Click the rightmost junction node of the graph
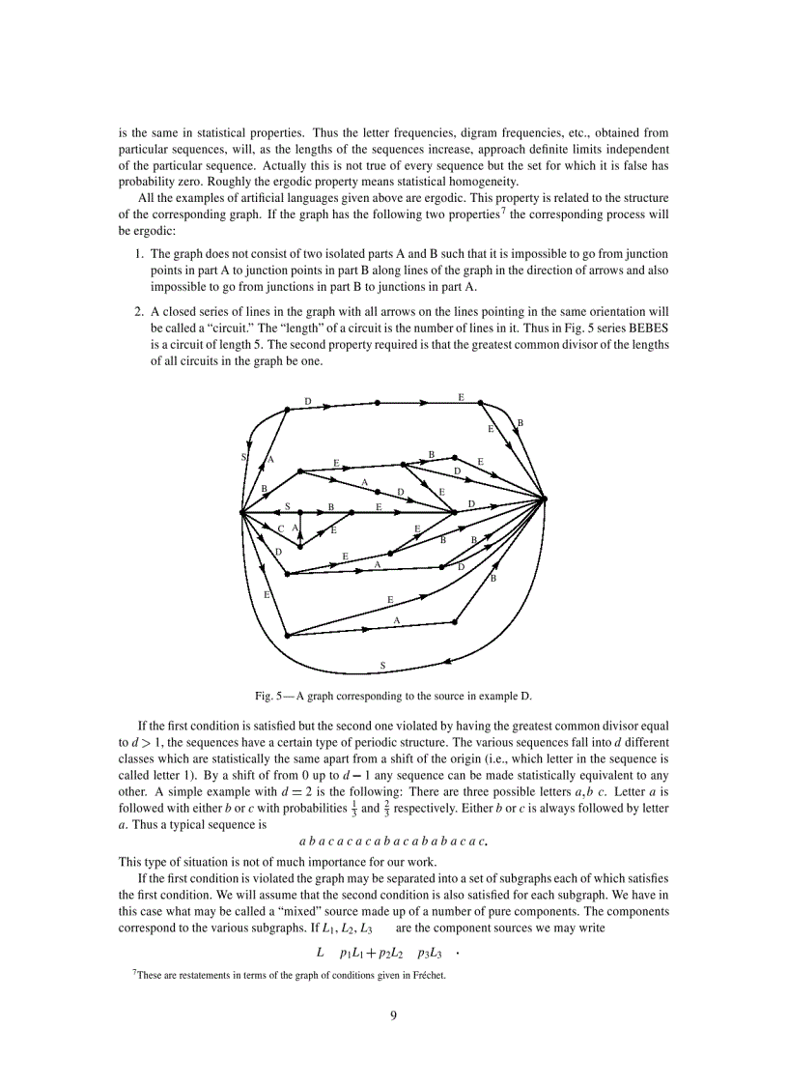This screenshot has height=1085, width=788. tap(545, 500)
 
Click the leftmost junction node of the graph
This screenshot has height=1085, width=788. tap(241, 512)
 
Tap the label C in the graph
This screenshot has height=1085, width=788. tap(280, 528)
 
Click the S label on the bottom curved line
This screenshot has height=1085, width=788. tap(383, 665)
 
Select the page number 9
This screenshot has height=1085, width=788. tap(394, 1014)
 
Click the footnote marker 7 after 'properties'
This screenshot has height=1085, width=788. tap(487, 208)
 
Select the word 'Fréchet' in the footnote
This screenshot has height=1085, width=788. tap(427, 975)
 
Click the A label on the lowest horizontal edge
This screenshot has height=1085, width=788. tap(396, 619)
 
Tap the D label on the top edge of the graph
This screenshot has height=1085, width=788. tap(308, 401)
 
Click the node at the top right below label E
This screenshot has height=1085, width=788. tap(480, 403)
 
